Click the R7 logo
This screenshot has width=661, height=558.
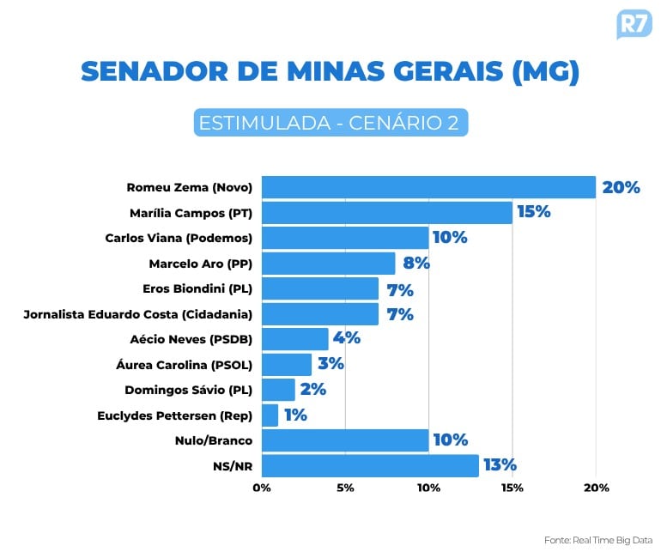click(x=634, y=23)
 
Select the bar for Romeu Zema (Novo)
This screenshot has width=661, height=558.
click(x=428, y=187)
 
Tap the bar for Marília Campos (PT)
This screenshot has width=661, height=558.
click(x=386, y=212)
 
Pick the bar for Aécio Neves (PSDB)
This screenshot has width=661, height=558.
click(x=294, y=339)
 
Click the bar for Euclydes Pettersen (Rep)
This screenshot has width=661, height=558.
click(x=270, y=415)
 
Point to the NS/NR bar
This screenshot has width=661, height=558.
click(x=370, y=466)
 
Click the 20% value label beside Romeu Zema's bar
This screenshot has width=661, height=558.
click(x=621, y=187)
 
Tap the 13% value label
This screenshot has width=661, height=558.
click(x=499, y=465)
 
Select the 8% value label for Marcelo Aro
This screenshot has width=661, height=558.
click(x=415, y=263)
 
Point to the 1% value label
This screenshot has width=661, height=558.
click(x=295, y=415)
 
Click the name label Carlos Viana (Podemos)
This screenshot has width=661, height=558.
click(x=179, y=238)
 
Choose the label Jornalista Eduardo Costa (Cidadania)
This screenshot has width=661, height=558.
click(x=137, y=314)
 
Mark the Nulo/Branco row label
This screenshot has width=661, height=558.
click(x=215, y=441)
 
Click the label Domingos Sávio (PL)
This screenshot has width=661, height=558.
click(x=188, y=390)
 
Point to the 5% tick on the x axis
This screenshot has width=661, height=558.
click(x=345, y=488)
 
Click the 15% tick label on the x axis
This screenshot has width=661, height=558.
click(x=512, y=488)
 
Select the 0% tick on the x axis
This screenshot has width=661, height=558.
click(x=262, y=488)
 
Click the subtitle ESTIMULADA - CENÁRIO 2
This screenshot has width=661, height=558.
click(x=330, y=123)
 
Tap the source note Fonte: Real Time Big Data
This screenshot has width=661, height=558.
click(x=597, y=540)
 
